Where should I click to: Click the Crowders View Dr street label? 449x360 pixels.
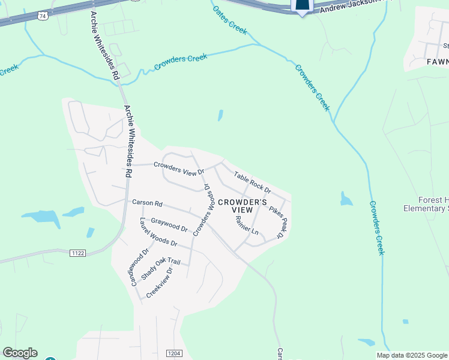[179, 169]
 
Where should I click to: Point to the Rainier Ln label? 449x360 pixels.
[247, 226]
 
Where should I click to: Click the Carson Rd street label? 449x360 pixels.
[147, 203]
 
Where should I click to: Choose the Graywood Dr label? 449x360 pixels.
[169, 225]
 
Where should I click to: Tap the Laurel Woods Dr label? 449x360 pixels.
[158, 234]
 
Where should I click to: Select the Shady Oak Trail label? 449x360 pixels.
[161, 269]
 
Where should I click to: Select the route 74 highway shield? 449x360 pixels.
[41, 16]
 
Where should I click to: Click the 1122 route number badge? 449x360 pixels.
[77, 254]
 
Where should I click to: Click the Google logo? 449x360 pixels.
[20, 353]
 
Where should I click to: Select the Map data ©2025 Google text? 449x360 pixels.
[412, 355]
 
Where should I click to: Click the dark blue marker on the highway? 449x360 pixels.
[302, 6]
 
